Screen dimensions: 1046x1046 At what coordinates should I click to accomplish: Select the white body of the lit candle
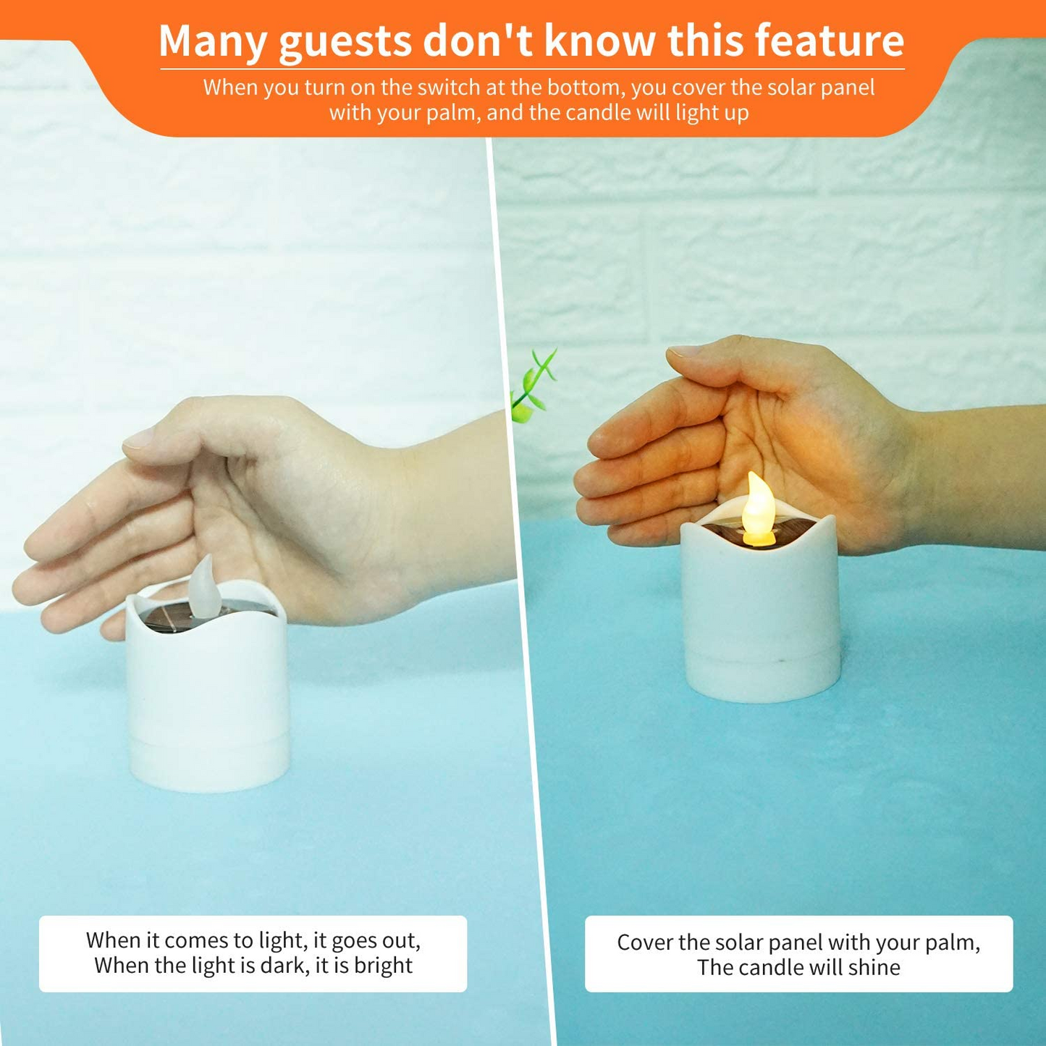coord(760,615)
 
